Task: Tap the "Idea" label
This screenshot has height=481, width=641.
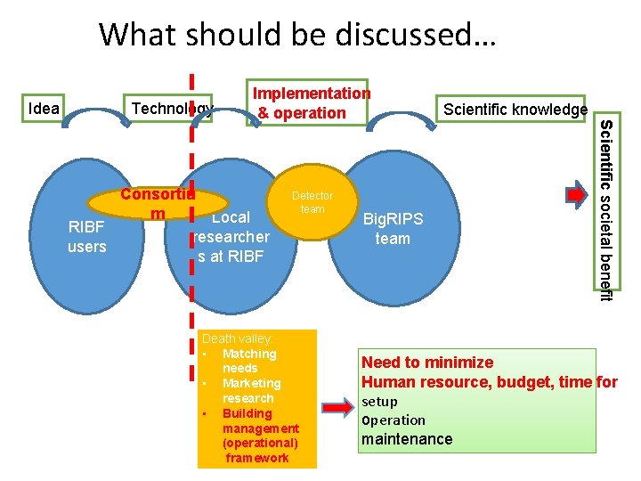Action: click(x=45, y=110)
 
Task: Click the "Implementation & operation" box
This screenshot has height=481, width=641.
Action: click(x=311, y=102)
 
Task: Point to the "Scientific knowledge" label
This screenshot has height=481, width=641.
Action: click(x=515, y=110)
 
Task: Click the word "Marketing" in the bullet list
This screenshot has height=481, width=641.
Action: click(x=251, y=383)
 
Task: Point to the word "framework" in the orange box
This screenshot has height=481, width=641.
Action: click(x=257, y=458)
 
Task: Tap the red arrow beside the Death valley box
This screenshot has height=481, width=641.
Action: click(x=337, y=409)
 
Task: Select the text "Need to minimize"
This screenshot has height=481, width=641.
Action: click(x=426, y=362)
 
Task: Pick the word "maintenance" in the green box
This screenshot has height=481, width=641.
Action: click(x=407, y=439)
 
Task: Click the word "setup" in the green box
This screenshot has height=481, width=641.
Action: click(x=379, y=402)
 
